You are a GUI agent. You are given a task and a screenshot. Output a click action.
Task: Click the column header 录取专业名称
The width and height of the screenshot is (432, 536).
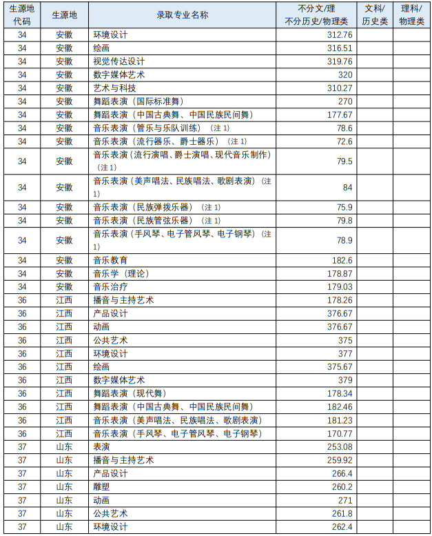click(182, 14)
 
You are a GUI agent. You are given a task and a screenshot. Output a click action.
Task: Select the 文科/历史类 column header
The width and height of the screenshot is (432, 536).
click(375, 14)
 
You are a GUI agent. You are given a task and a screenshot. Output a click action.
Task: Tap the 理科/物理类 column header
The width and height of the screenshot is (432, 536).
click(412, 14)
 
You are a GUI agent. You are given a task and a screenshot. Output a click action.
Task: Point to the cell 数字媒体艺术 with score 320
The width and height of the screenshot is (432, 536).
click(119, 75)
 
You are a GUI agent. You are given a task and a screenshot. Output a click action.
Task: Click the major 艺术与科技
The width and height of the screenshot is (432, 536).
click(114, 88)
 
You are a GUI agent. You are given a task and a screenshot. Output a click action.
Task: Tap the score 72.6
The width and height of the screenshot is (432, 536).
click(344, 141)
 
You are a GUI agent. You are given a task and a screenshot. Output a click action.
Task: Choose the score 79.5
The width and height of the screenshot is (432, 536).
click(344, 161)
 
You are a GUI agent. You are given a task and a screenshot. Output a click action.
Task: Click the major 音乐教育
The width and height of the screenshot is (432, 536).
click(110, 260)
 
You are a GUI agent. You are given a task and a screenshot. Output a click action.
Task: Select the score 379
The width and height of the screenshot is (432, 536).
click(345, 380)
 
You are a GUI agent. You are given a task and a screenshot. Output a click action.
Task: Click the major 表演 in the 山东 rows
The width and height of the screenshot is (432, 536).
click(101, 447)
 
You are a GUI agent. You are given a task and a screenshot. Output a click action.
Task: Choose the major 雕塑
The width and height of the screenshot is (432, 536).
click(101, 486)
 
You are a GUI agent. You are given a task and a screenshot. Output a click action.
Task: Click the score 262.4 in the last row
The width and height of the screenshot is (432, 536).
click(342, 527)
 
